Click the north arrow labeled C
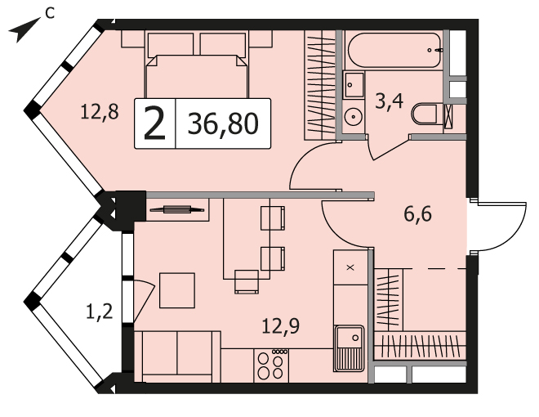(x=24, y=30)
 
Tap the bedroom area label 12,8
(x=100, y=112)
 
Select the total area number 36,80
(x=223, y=123)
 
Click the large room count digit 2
(x=154, y=123)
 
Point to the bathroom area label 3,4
(x=389, y=101)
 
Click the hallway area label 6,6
(x=417, y=214)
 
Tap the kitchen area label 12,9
(x=280, y=325)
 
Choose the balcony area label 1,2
(x=99, y=312)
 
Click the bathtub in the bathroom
(x=394, y=50)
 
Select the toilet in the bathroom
(x=425, y=114)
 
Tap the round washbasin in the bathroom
(x=353, y=117)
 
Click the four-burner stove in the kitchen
(x=272, y=365)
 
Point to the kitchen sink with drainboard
(x=349, y=348)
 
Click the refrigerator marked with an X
(x=350, y=267)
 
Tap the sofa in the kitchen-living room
(x=177, y=356)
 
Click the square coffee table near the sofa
(x=177, y=290)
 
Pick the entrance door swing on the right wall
(x=498, y=226)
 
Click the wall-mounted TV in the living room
(x=177, y=209)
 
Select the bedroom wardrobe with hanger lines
(x=320, y=85)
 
